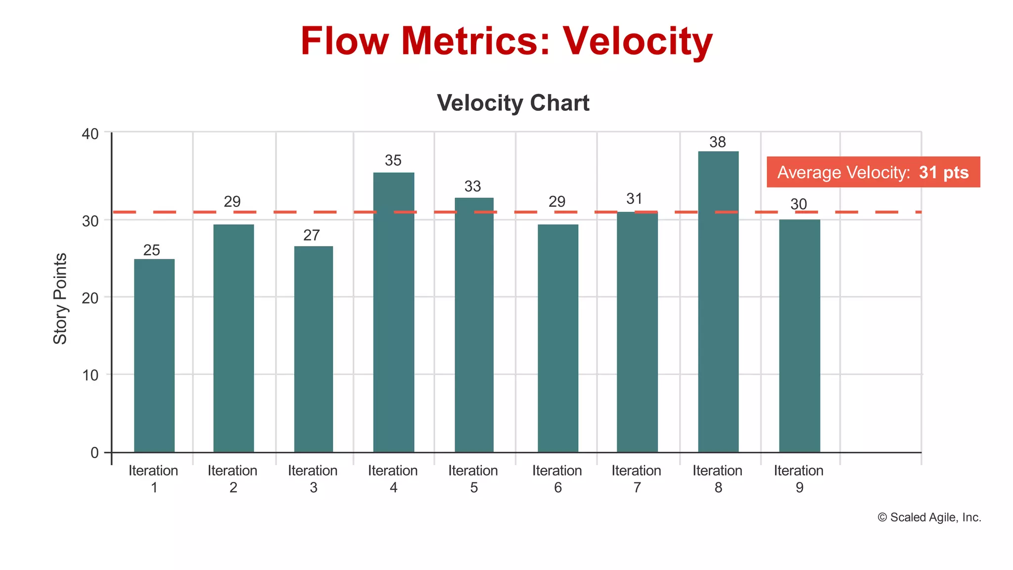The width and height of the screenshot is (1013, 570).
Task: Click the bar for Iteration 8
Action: tap(718, 302)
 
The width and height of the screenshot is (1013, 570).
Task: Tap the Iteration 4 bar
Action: tap(394, 312)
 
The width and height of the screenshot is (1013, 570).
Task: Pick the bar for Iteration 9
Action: tap(799, 336)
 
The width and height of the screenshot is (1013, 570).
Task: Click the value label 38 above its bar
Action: tap(718, 142)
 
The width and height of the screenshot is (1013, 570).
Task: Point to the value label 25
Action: tap(152, 250)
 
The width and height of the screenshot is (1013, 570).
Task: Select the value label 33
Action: tap(473, 187)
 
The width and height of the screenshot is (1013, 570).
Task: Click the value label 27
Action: tap(312, 236)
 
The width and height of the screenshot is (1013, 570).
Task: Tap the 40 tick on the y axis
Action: tap(90, 134)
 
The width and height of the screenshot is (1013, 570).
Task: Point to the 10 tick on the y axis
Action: tap(90, 375)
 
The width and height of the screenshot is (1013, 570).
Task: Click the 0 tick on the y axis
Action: tap(94, 453)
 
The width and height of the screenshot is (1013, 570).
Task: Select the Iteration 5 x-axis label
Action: tap(473, 479)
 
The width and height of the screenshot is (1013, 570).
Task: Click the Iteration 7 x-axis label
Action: tap(637, 479)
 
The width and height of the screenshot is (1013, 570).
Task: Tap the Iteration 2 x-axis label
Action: tap(232, 479)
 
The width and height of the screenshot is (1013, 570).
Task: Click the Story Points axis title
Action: tap(60, 298)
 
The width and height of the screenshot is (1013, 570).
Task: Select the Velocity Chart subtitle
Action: tap(513, 103)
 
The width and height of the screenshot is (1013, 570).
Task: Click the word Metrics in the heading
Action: tap(475, 41)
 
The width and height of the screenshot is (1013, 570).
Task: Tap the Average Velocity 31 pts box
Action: tap(873, 172)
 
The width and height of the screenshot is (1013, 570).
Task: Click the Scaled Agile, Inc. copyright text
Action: tap(929, 518)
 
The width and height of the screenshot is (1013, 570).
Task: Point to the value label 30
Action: tap(799, 204)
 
